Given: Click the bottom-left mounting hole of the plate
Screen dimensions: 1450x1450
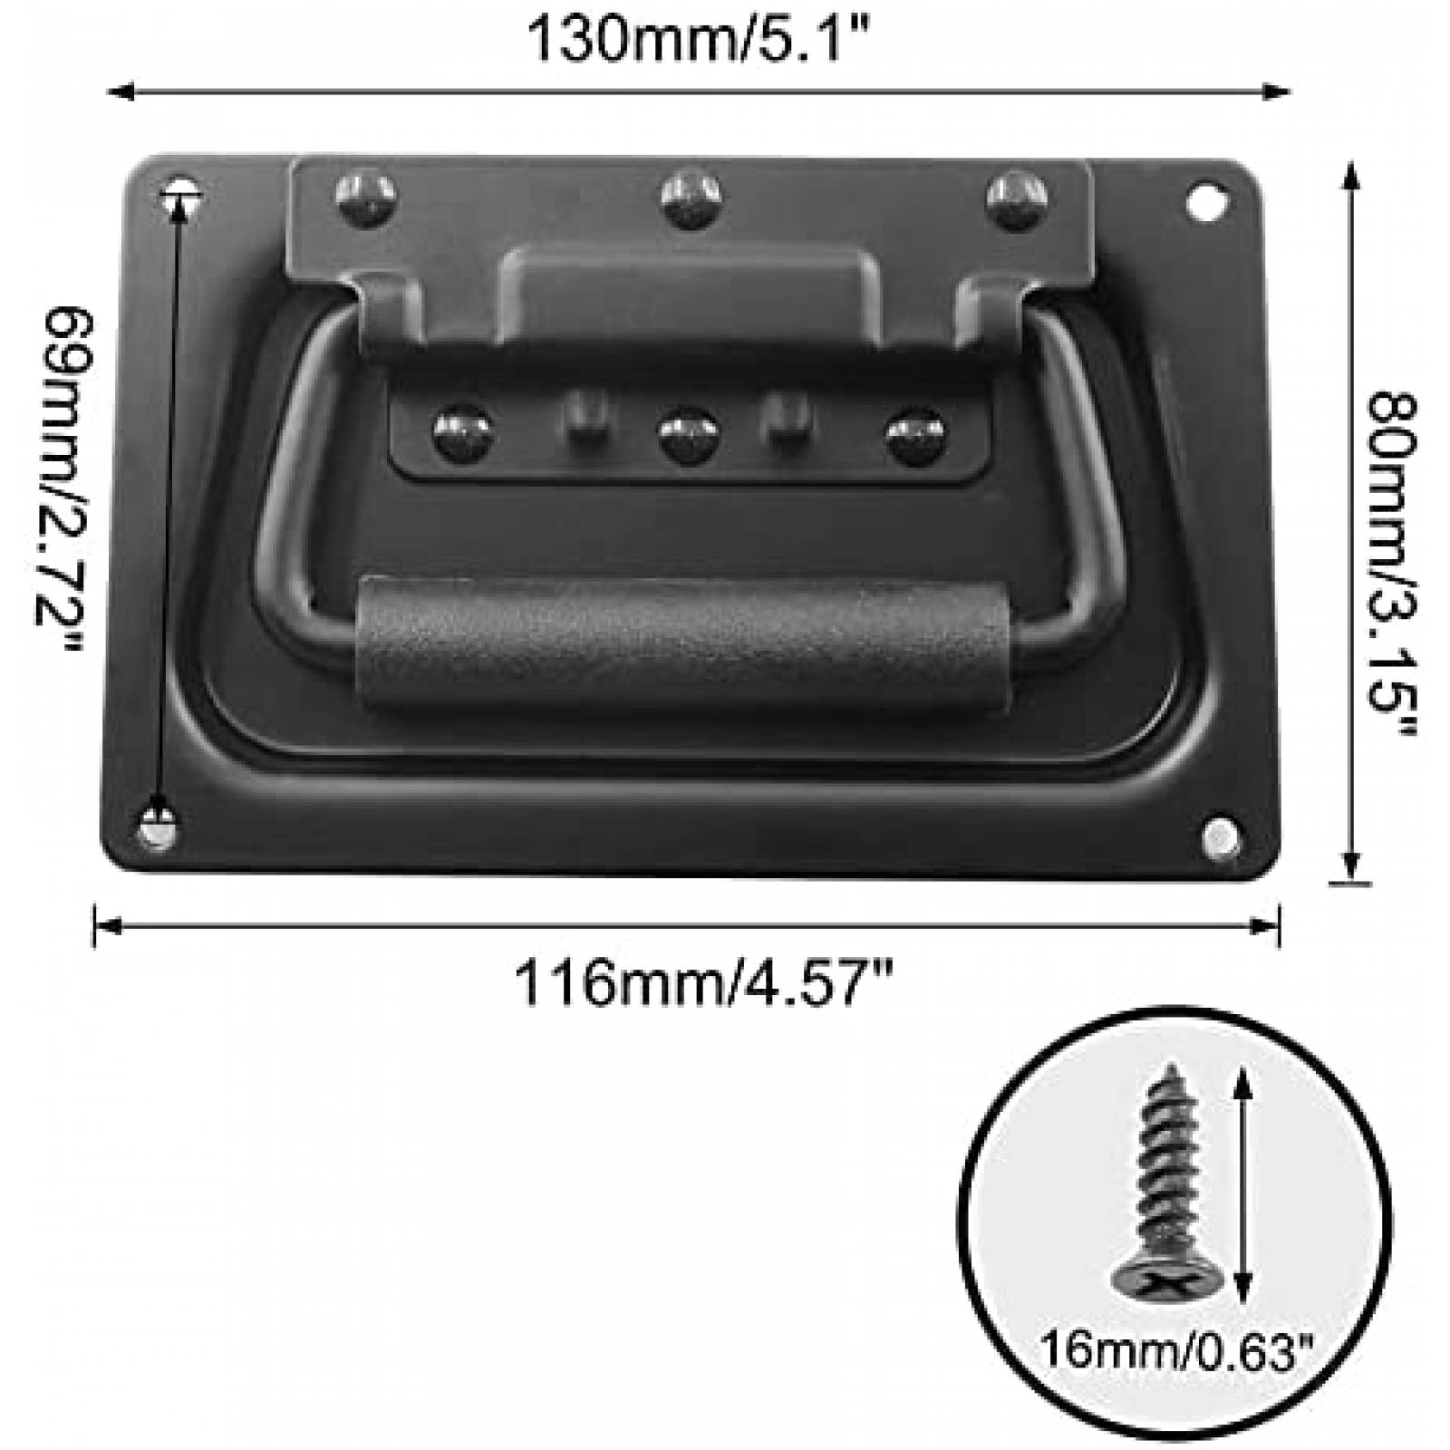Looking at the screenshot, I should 159,826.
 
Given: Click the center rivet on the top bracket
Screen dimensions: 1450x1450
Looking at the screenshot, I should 691,198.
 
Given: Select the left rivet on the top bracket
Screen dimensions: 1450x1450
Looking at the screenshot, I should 365,198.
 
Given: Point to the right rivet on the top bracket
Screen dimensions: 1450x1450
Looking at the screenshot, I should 1017,198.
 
